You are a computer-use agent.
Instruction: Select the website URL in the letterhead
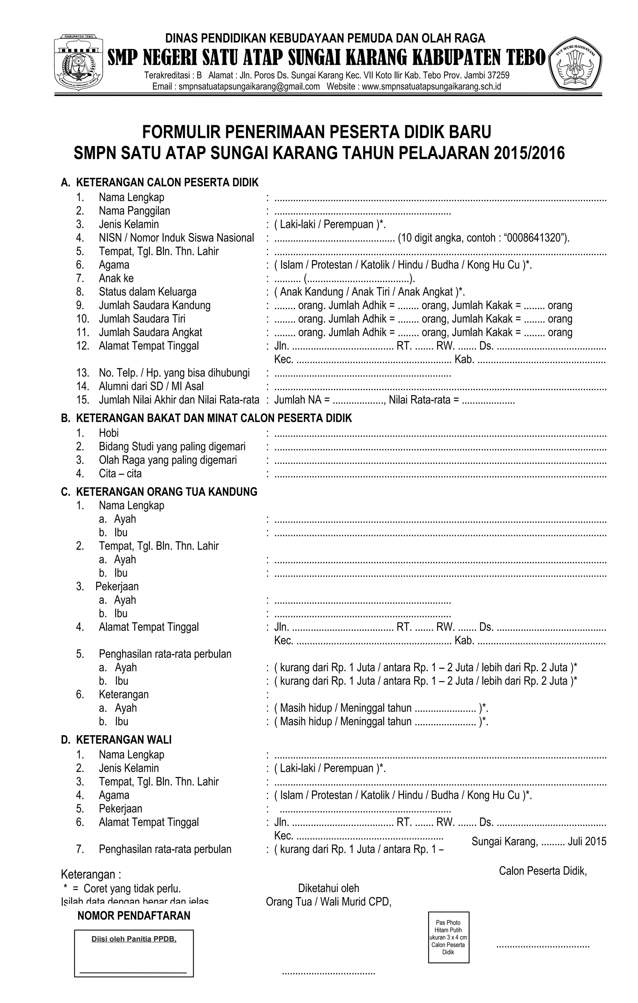coord(431,87)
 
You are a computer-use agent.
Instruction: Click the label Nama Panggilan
coord(134,211)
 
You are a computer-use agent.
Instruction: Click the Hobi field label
coord(108,433)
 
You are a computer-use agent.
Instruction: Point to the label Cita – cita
coord(120,473)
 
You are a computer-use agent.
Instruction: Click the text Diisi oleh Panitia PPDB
coord(134,939)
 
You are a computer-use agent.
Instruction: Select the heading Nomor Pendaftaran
coord(134,916)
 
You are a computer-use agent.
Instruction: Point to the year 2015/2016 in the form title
coord(529,153)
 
